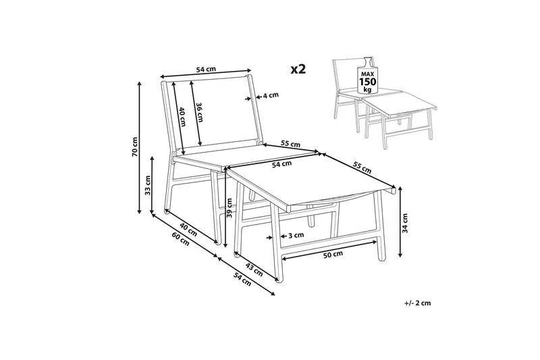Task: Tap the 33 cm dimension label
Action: pos(148,185)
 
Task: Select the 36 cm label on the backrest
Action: pos(199,112)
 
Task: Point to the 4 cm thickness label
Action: pos(271,95)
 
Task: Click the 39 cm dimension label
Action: pos(230,209)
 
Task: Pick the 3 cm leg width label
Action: pos(296,235)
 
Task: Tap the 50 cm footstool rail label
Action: pos(333,255)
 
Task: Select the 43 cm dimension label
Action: pos(254,269)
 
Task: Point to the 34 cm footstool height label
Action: pos(406,224)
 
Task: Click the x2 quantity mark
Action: pos(298,70)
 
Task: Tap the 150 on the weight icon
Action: pos(368,82)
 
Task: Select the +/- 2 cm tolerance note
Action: pos(418,303)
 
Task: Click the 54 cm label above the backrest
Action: pos(206,70)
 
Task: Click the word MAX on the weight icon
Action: pos(368,74)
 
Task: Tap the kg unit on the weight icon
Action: pos(368,91)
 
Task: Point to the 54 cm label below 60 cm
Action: pos(242,279)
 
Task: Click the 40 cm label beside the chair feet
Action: pos(188,230)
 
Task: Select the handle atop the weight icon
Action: pos(368,61)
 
